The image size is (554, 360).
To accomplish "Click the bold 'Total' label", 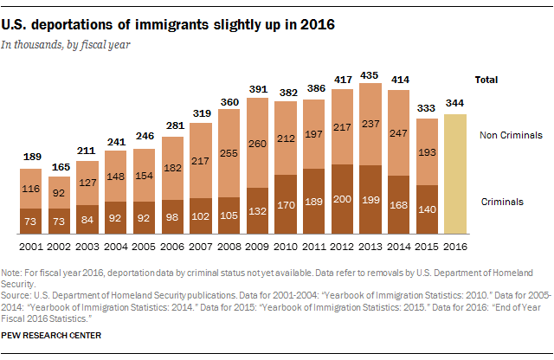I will pos(486,80).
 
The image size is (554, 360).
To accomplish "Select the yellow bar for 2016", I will pos(456,173).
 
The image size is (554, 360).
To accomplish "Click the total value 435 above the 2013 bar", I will pos(371,73).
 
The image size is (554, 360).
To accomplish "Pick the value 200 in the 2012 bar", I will pos(343,198).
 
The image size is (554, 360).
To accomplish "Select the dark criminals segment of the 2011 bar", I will pos(314,202).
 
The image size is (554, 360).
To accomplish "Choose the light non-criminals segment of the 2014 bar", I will pos(399,134).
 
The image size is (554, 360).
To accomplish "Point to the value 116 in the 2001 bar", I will pos(31,188).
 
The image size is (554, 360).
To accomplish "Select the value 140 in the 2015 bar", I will pos(428,209).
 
